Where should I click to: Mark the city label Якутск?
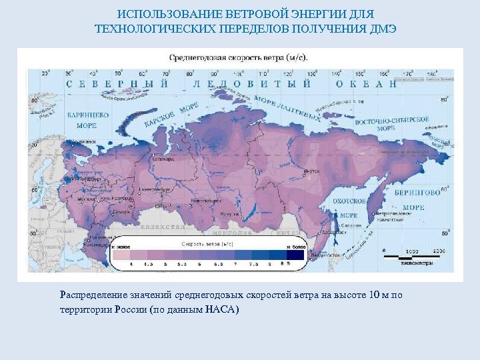pyautogui.click(x=311, y=171)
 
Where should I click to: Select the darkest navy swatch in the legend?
pyautogui.click(x=297, y=255)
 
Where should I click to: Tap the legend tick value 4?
pyautogui.click(x=131, y=265)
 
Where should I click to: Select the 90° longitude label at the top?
pyautogui.click(x=215, y=74)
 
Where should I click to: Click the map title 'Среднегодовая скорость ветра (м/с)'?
pyautogui.click(x=239, y=57)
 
